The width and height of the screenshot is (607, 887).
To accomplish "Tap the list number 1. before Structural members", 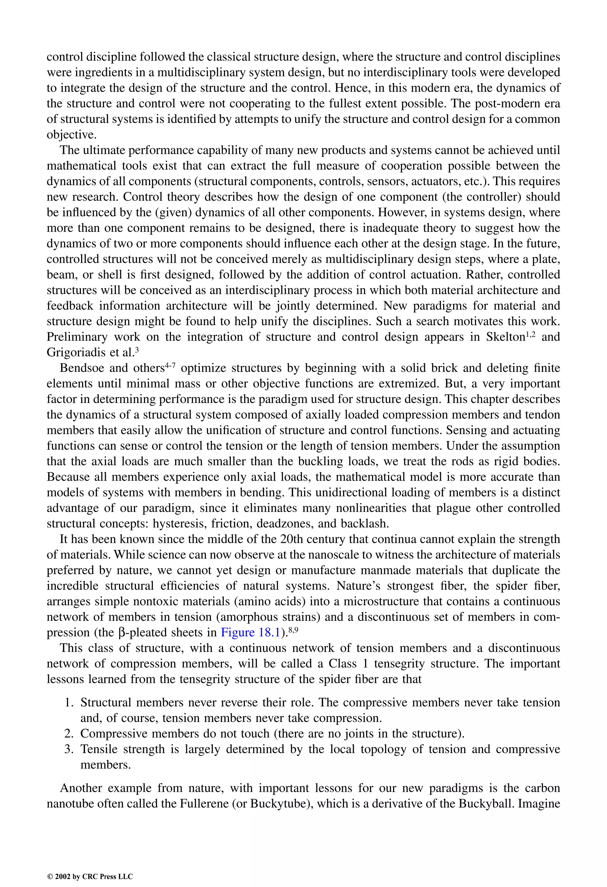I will coord(69,703).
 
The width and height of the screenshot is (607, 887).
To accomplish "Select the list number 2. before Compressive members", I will coord(69,733).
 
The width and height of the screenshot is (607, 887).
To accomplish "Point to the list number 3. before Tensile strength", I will coord(69,749).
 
